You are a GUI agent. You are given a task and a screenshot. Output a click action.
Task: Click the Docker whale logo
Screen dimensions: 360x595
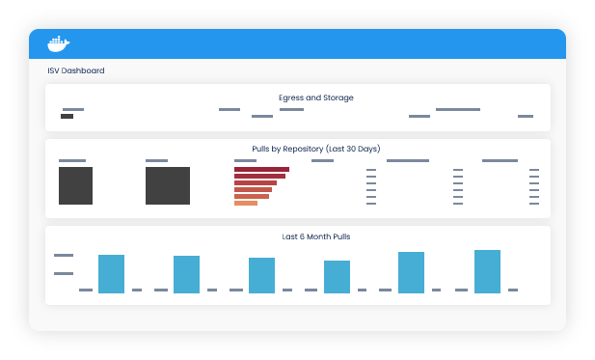coord(59,43)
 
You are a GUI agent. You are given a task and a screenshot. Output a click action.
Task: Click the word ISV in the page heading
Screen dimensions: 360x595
coord(53,70)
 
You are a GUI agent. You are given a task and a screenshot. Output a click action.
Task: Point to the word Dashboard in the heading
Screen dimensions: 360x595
coord(83,70)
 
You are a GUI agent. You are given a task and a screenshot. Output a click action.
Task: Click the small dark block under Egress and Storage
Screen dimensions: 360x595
coord(67,117)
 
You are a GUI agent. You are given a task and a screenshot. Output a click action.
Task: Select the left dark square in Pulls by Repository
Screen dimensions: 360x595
coord(75,185)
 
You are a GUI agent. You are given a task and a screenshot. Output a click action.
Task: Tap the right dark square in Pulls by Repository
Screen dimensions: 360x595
coord(168,185)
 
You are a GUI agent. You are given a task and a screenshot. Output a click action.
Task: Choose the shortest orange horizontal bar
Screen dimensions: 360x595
coord(246,203)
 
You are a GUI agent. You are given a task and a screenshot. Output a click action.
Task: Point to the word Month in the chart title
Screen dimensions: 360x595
coord(297,236)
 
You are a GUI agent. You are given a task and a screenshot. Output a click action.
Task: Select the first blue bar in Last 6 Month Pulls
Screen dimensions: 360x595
coord(112,274)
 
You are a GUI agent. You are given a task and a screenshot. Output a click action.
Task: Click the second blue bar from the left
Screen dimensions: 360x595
coord(186,274)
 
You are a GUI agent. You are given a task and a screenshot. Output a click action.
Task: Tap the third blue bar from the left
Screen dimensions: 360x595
coord(261,275)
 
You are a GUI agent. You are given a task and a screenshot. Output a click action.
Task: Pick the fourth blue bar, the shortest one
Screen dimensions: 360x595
coord(337,277)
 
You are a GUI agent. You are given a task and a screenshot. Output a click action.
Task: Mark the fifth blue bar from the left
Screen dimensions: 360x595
coord(412,272)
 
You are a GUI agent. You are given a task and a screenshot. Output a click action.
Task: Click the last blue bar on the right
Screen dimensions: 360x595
coord(487,271)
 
